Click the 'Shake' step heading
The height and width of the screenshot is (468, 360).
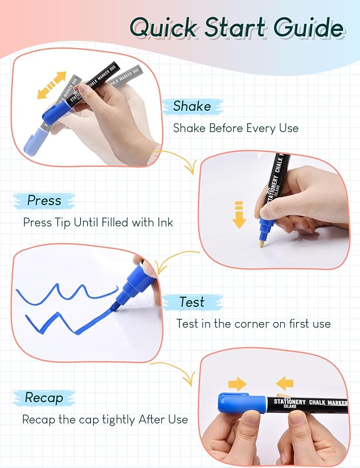(x=192, y=106)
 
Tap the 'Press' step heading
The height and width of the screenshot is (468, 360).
(x=44, y=201)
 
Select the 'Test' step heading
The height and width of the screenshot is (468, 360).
(x=192, y=302)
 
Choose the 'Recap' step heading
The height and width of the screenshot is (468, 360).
(x=44, y=398)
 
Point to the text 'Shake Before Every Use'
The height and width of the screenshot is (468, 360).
(x=235, y=128)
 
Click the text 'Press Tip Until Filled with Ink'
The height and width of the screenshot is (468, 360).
(x=98, y=223)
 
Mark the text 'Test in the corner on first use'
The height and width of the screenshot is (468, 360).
(x=253, y=324)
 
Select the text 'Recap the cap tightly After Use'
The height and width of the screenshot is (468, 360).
(x=105, y=420)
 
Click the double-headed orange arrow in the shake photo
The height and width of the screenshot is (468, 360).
(x=52, y=85)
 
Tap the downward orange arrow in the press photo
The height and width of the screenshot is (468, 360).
(x=239, y=215)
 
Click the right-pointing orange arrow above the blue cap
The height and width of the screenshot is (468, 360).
(x=237, y=383)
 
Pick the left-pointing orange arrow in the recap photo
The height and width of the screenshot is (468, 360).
(x=285, y=383)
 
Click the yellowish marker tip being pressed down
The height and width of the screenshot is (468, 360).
(x=260, y=244)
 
